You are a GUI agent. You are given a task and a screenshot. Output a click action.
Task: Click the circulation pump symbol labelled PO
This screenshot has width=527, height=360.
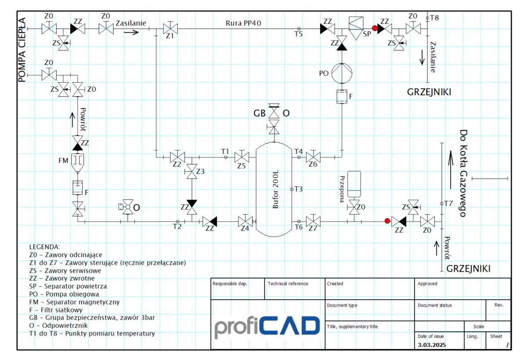342,73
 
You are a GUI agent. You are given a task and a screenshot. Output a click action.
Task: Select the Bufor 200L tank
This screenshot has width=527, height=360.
274,189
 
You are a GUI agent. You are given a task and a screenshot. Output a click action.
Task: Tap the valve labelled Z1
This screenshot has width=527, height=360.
170,29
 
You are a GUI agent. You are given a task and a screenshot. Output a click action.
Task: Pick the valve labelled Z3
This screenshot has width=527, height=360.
192,171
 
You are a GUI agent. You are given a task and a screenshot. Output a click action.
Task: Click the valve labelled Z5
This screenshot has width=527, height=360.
242,157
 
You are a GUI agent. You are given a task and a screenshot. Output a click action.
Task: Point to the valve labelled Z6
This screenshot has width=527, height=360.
313,157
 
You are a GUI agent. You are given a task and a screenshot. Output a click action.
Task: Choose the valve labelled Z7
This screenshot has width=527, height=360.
313,222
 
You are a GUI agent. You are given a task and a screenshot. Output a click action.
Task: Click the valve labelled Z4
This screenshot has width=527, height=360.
245,222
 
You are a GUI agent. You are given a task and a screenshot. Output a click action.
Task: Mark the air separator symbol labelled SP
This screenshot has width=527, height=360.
356,28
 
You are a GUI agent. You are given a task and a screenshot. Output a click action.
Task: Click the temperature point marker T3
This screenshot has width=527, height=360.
292,189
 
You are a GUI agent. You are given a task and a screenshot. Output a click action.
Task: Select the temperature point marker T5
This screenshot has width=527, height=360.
299,29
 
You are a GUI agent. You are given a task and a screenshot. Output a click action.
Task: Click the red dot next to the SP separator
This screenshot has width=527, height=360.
375,29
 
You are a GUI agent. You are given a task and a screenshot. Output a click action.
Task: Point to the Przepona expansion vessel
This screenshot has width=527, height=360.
354,184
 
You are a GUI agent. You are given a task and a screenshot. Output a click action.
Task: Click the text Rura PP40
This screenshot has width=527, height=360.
243,23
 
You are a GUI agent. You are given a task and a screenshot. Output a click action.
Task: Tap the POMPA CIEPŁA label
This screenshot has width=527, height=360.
22,50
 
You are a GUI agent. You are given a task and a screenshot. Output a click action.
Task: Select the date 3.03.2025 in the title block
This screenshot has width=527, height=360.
432,345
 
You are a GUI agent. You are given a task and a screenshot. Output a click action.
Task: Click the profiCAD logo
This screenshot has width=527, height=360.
267,327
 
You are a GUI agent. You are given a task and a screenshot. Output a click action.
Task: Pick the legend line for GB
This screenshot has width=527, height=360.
92,318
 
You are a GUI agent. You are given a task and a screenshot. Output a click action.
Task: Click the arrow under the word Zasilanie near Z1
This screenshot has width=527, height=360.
131,32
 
